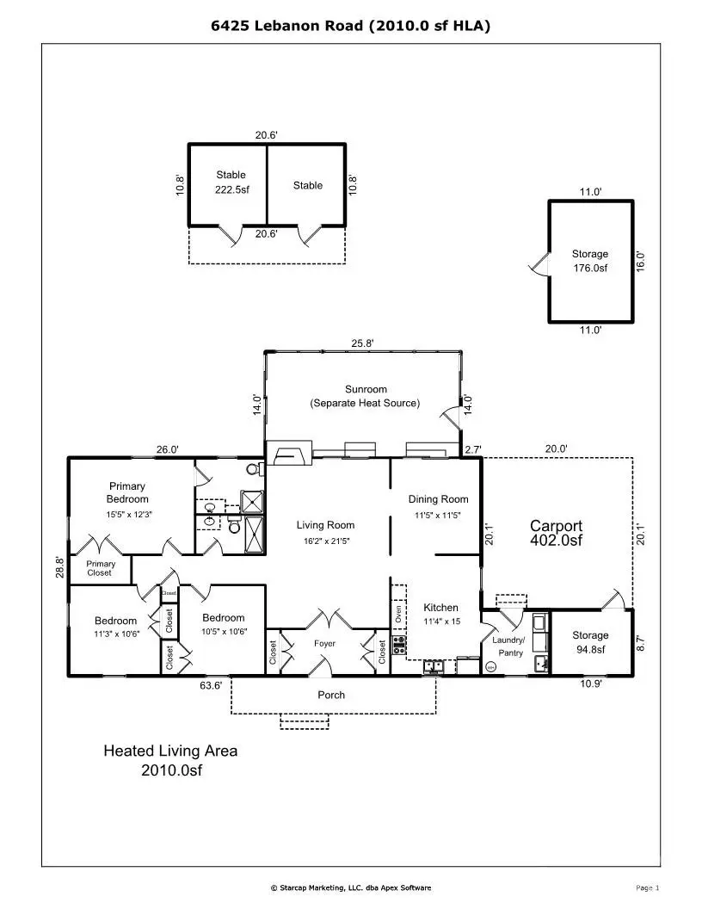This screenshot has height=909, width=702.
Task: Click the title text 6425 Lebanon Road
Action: (x=351, y=26)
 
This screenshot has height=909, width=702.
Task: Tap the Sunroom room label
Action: (x=366, y=396)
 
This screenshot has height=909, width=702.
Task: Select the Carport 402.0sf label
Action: (x=556, y=533)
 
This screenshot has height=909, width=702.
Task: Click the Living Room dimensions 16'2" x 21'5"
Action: (x=325, y=541)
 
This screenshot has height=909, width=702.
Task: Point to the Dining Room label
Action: (x=438, y=499)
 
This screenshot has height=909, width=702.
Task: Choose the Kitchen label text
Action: (x=440, y=608)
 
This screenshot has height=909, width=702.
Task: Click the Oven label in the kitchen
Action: (x=398, y=613)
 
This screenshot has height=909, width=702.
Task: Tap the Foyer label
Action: (x=324, y=644)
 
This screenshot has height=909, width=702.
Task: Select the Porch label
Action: (x=331, y=695)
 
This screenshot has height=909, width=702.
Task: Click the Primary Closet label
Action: (x=100, y=568)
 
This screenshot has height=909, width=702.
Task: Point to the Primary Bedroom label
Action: (x=127, y=492)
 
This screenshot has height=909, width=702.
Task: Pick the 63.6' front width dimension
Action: (x=212, y=685)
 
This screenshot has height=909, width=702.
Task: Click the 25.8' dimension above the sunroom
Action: (x=362, y=343)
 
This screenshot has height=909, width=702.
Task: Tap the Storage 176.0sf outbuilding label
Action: (x=590, y=261)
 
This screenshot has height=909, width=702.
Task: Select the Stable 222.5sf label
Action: (x=231, y=182)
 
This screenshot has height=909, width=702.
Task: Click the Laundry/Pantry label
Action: (x=509, y=646)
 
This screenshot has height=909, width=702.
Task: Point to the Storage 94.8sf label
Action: (x=590, y=642)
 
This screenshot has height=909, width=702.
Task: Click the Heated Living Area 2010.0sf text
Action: (x=170, y=760)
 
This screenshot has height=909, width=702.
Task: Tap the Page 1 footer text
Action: (x=646, y=887)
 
